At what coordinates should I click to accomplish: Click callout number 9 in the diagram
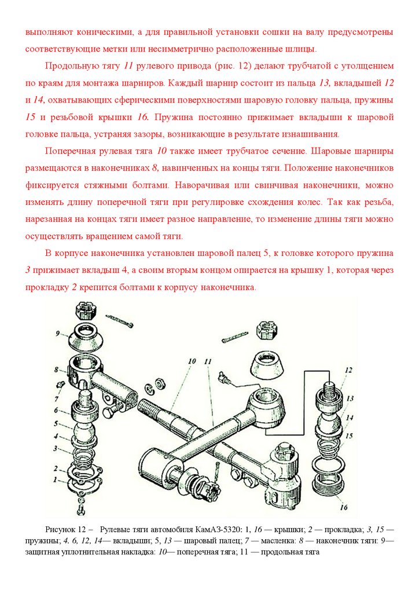click(58, 334)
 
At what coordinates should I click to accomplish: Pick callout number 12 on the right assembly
click(348, 369)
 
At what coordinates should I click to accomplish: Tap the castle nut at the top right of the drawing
click(266, 332)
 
